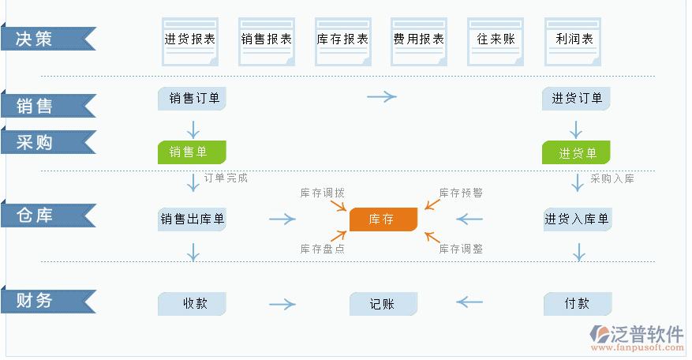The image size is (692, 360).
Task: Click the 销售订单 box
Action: point(193,99)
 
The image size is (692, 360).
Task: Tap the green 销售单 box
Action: point(192,152)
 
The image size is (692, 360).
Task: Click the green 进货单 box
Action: point(576,152)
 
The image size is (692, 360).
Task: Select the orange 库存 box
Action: point(383,219)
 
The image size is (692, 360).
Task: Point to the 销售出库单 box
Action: point(192,219)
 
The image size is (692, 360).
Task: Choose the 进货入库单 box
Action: point(577,219)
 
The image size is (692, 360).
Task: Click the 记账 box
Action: point(383,304)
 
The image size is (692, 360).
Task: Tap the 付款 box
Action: point(577,304)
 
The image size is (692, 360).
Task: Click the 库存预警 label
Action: point(461,193)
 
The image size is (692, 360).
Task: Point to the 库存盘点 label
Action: point(322,249)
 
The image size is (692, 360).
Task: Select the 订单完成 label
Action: point(226,178)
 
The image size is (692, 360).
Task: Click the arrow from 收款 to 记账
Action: point(282,304)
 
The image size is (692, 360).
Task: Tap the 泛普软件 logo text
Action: point(646,333)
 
